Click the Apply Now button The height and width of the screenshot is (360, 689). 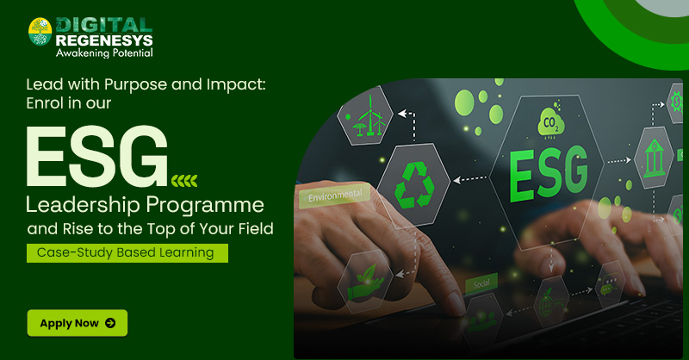[77, 323]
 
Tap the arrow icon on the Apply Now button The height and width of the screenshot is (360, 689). [110, 323]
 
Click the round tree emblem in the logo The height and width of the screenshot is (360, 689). [40, 32]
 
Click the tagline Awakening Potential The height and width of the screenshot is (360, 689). [104, 53]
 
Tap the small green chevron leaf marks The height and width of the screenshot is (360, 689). [184, 179]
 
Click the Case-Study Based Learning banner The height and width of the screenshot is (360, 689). [127, 252]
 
